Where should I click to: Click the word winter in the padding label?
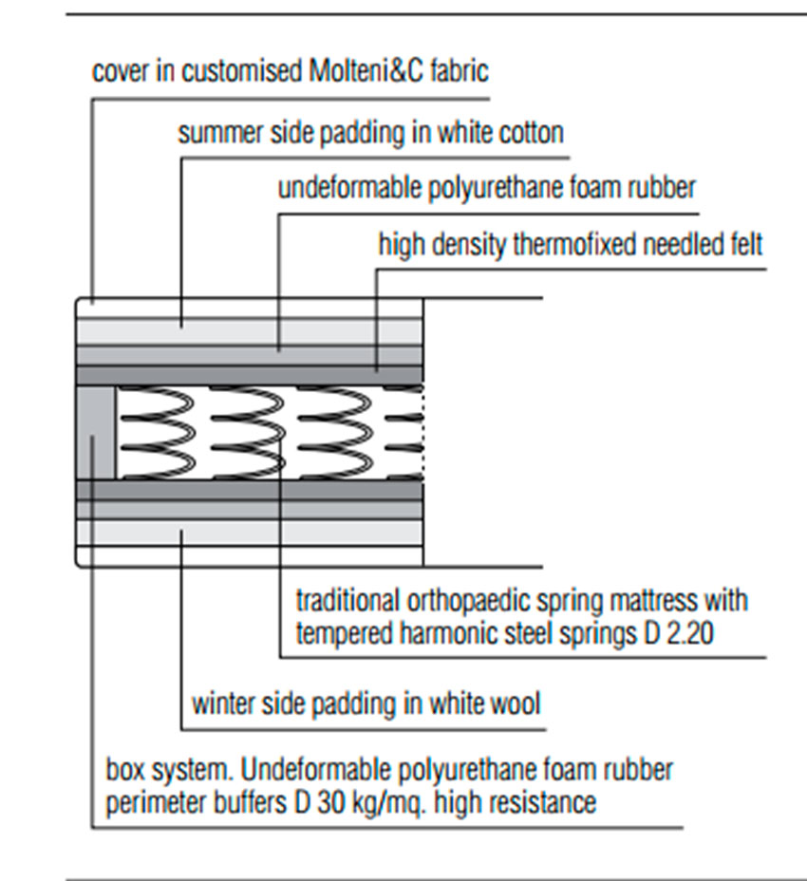(x=221, y=704)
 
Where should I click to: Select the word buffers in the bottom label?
(x=242, y=802)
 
